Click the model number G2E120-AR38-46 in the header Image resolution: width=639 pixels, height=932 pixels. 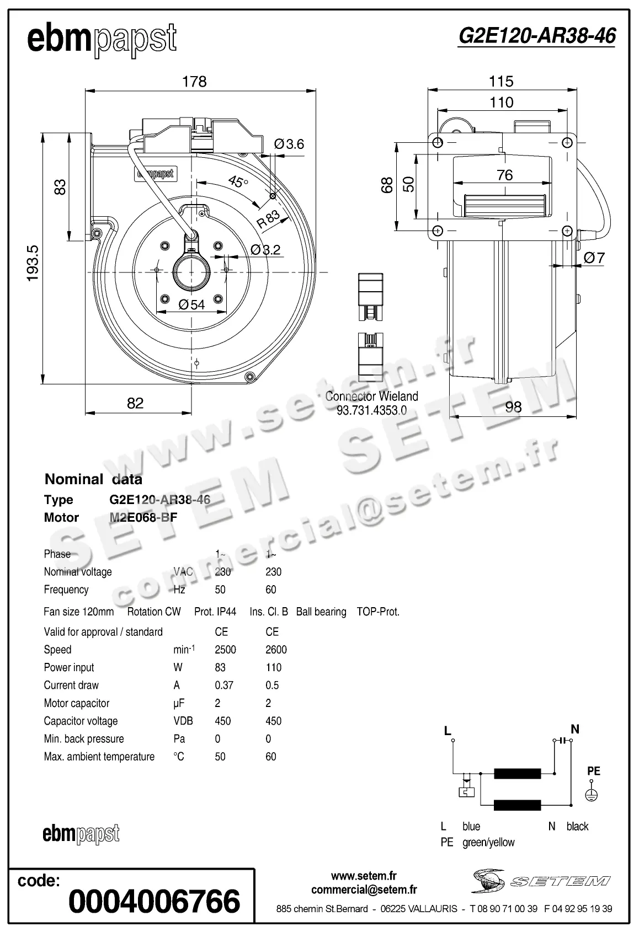pos(536,36)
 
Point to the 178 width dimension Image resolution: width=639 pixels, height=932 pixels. pos(194,82)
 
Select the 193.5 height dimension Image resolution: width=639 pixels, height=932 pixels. pos(34,263)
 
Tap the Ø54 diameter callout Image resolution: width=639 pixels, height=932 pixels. pos(191,304)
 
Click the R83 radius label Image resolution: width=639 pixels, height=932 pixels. pos(269,219)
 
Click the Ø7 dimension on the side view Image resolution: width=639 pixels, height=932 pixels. pos(594,258)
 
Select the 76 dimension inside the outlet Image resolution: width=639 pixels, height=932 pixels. pos(504,175)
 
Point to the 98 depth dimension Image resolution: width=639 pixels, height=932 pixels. pos(513,406)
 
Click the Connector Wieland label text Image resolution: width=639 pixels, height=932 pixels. pos(371,396)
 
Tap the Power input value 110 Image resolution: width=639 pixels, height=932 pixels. pos(273,667)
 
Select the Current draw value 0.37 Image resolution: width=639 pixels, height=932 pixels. pos(223,685)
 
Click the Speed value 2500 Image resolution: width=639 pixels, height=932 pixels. pos(225,650)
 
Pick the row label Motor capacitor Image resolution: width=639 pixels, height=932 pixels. pos(77,703)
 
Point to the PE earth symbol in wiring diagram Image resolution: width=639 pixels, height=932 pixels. pos(592,795)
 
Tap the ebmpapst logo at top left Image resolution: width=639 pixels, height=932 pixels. pos(102,39)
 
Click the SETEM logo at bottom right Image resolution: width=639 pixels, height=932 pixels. pos(541,881)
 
